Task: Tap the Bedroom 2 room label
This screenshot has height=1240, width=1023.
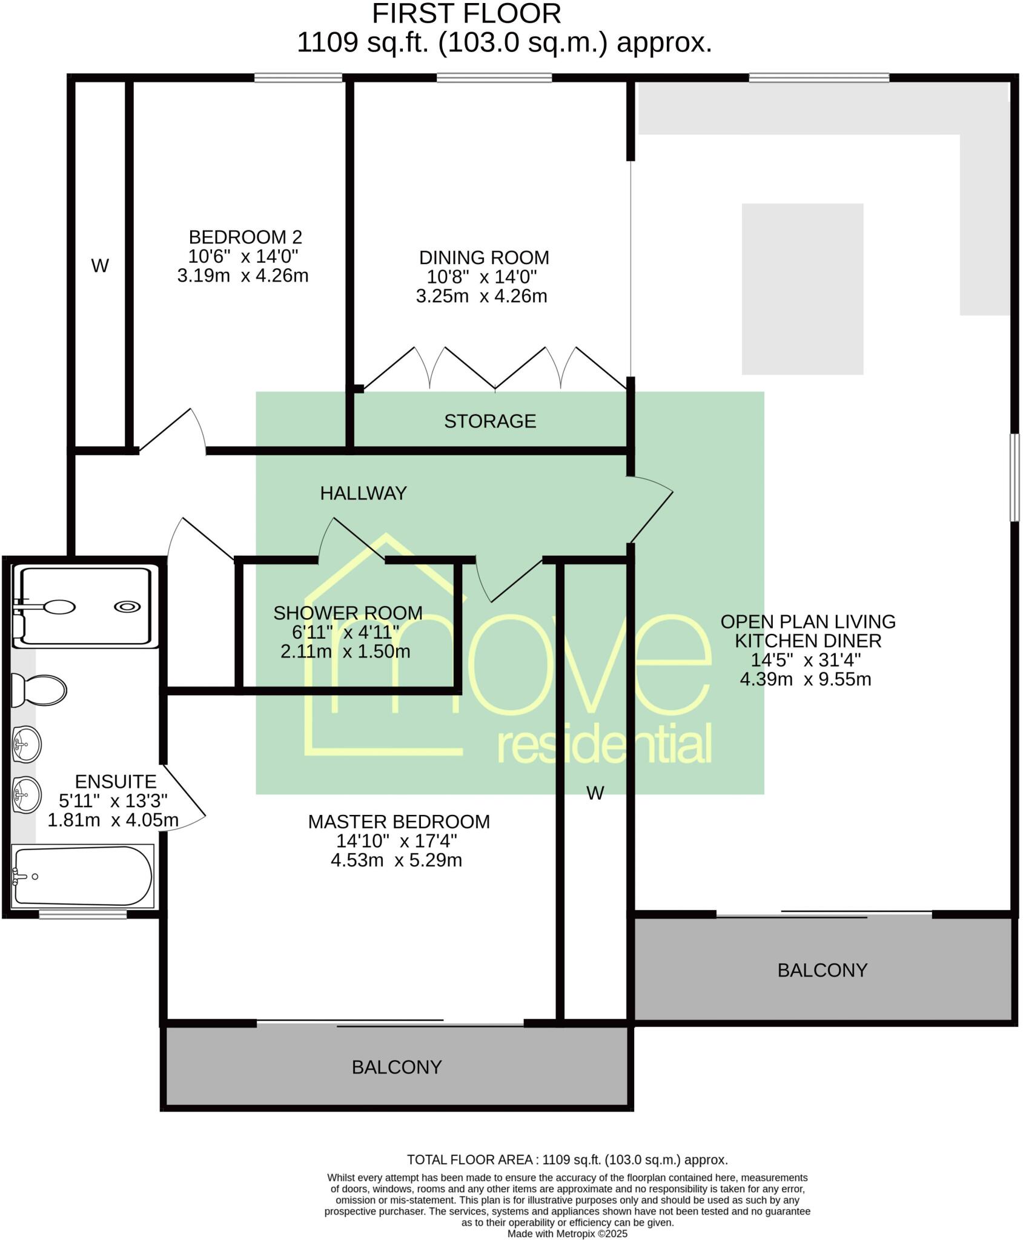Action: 245,237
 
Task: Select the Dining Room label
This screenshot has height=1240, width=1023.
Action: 484,257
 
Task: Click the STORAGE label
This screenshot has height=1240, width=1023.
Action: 490,421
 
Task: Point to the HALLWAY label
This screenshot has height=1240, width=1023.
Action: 363,493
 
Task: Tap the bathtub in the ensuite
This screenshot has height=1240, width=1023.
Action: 83,876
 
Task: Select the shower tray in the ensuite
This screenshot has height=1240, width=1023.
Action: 85,606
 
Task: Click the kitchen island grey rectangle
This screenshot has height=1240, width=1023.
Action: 802,289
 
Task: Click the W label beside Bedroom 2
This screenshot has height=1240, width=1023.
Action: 100,266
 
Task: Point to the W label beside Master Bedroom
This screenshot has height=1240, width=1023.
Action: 595,793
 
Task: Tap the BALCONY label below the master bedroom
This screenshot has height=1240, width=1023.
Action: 397,1067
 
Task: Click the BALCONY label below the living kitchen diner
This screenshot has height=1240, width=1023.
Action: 822,971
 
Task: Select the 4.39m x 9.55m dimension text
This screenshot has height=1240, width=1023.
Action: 805,679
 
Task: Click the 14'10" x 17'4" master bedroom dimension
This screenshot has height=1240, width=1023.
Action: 397,841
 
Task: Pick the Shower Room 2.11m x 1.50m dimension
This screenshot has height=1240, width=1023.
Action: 345,652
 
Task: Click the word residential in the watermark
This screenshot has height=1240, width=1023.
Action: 604,746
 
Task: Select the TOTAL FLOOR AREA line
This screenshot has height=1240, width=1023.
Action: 567,1160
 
